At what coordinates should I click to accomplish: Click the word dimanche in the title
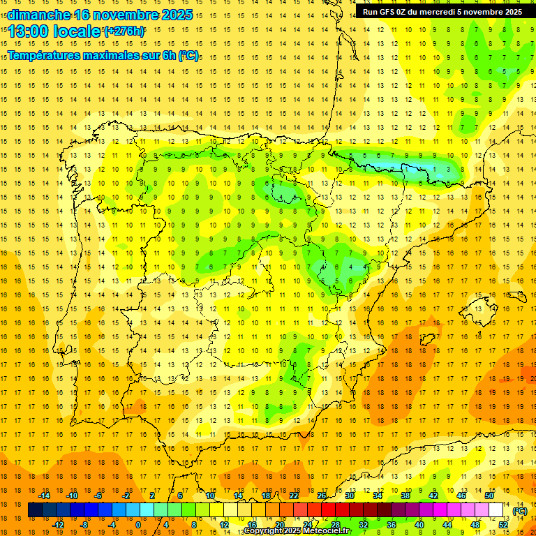click(x=38, y=15)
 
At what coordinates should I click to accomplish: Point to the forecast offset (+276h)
click(x=124, y=31)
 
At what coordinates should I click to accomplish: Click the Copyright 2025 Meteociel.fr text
click(x=297, y=531)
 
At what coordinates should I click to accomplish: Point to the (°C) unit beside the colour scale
click(x=521, y=511)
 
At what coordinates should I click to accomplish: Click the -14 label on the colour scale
click(x=45, y=496)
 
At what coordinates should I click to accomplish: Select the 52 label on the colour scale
click(x=503, y=524)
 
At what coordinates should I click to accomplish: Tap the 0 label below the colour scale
click(x=137, y=524)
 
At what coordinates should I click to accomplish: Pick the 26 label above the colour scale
click(x=322, y=496)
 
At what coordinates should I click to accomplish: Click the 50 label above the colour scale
click(x=489, y=496)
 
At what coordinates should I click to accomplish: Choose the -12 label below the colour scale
click(x=59, y=524)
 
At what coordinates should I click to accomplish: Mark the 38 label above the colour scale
click(x=405, y=496)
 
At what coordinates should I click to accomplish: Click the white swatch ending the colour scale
click(x=496, y=510)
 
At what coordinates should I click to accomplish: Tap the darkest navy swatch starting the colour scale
click(x=35, y=510)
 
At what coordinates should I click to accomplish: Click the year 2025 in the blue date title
click(x=176, y=15)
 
